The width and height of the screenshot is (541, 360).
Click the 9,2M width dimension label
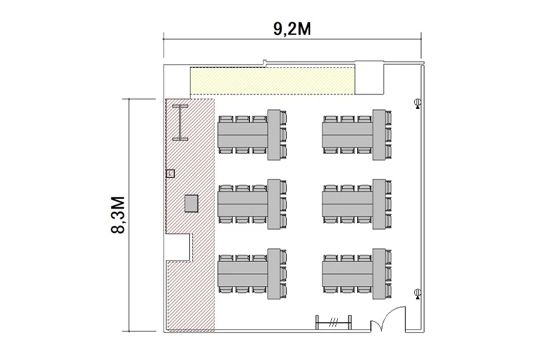tap(292, 29)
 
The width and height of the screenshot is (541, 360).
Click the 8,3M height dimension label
tap(118, 215)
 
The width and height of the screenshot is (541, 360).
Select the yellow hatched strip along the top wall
tap(273, 81)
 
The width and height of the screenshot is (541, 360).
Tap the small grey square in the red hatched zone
tap(191, 204)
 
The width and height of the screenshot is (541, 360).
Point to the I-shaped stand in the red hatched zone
tap(180, 123)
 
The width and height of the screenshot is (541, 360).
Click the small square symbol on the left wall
tap(171, 174)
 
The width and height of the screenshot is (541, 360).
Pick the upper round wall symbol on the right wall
tap(418, 103)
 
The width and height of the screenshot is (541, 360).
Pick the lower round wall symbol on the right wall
tap(418, 294)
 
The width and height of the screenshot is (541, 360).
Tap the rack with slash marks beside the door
tap(334, 323)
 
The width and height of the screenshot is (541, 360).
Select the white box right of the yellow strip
tap(370, 78)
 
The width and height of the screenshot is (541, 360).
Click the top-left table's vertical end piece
tap(274, 135)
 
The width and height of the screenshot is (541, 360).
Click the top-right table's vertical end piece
tap(379, 135)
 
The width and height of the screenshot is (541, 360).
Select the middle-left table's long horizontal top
tap(243, 204)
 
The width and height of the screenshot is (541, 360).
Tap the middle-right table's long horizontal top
tap(347, 204)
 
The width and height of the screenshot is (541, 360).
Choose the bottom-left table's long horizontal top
tap(243, 273)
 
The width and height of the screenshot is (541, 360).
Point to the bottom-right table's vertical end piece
tap(379, 274)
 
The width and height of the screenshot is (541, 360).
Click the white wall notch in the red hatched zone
tap(179, 247)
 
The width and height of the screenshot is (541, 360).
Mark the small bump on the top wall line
tap(264, 62)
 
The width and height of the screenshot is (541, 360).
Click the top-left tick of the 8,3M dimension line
tap(129, 99)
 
